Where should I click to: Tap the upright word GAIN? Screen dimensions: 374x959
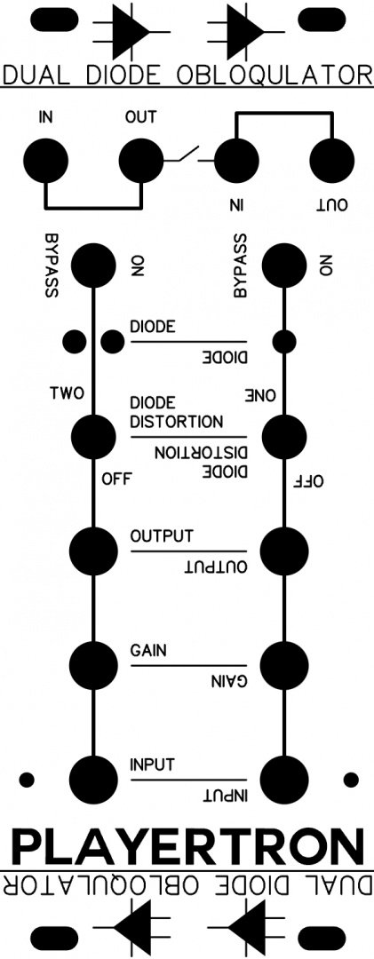[x=148, y=651]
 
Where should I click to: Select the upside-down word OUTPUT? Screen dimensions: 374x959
[x=217, y=567]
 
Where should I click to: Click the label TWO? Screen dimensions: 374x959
[x=68, y=393]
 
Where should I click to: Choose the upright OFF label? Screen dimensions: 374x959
[x=117, y=478]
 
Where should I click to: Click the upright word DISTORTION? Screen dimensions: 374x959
[x=176, y=422]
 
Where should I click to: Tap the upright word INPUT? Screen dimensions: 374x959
[x=153, y=764]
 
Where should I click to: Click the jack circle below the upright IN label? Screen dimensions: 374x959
[x=46, y=161]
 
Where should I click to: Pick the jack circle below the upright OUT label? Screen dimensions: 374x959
[x=141, y=161]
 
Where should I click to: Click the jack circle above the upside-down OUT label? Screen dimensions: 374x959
[x=332, y=161]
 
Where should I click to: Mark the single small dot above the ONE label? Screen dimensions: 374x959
[x=284, y=341]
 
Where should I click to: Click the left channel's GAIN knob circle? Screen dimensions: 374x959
[x=93, y=664]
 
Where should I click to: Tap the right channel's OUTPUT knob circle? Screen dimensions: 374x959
[x=284, y=551]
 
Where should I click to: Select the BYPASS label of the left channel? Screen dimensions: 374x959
[x=51, y=265]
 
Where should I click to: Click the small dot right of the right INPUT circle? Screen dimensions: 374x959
[x=351, y=780]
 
